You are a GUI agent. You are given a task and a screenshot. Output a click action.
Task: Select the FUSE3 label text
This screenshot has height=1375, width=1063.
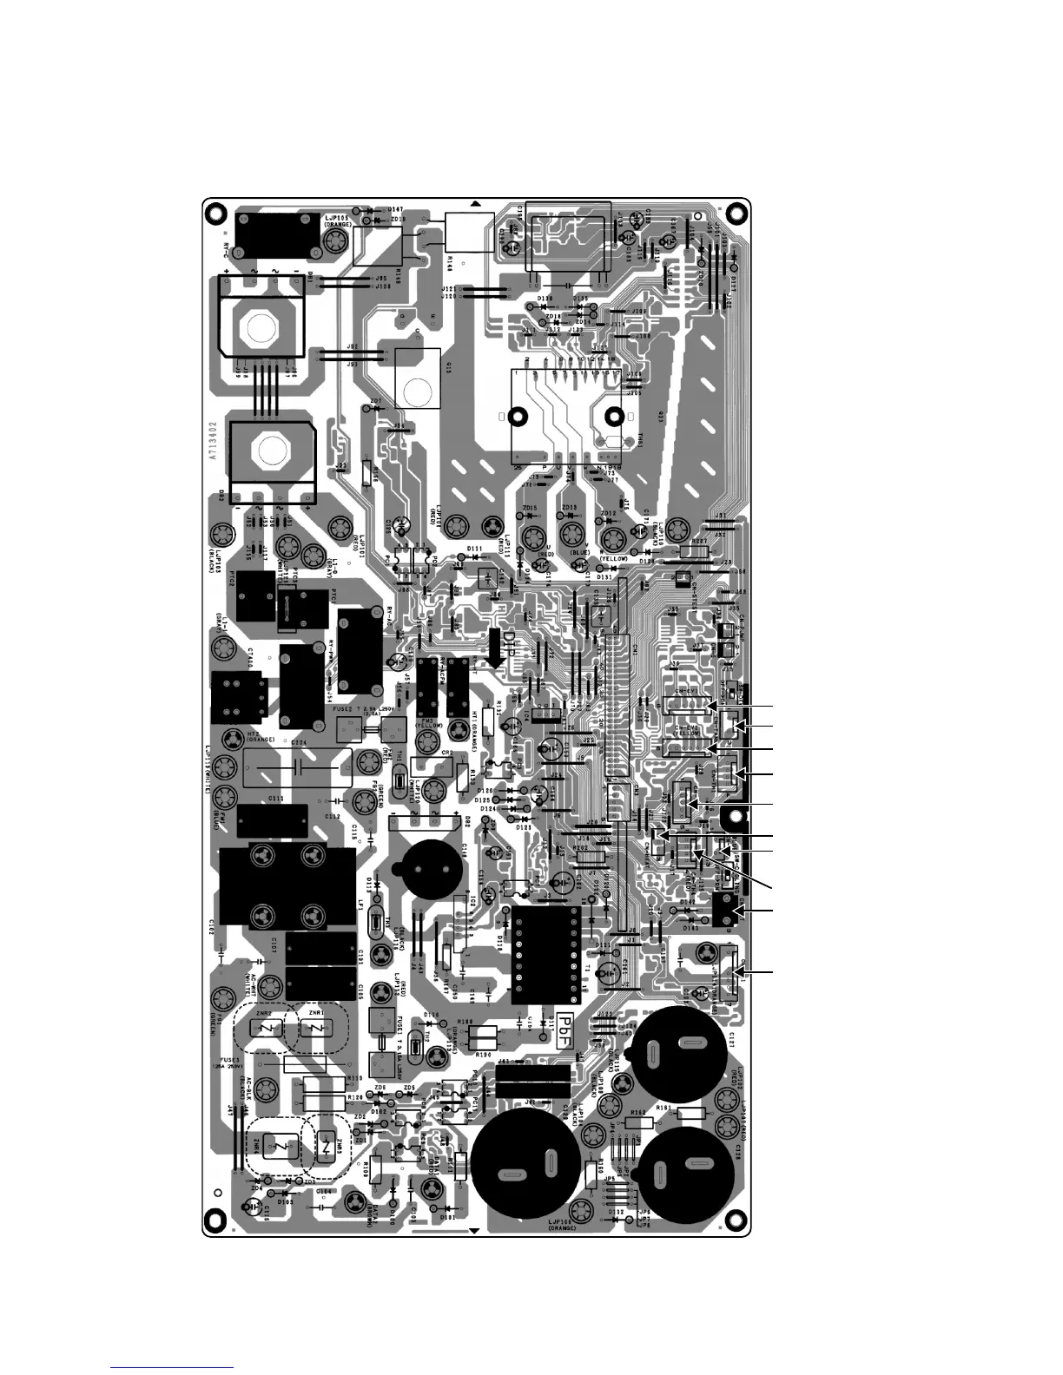(x=229, y=1061)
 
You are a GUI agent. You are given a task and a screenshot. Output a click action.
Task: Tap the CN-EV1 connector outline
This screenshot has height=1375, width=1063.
(x=687, y=705)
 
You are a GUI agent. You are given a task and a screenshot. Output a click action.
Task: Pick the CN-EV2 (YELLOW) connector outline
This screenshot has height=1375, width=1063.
(x=687, y=748)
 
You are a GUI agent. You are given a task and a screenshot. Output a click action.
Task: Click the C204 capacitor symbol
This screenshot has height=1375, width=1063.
(x=298, y=769)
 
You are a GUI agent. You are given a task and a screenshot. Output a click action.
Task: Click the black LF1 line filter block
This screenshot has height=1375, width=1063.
(x=287, y=885)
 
